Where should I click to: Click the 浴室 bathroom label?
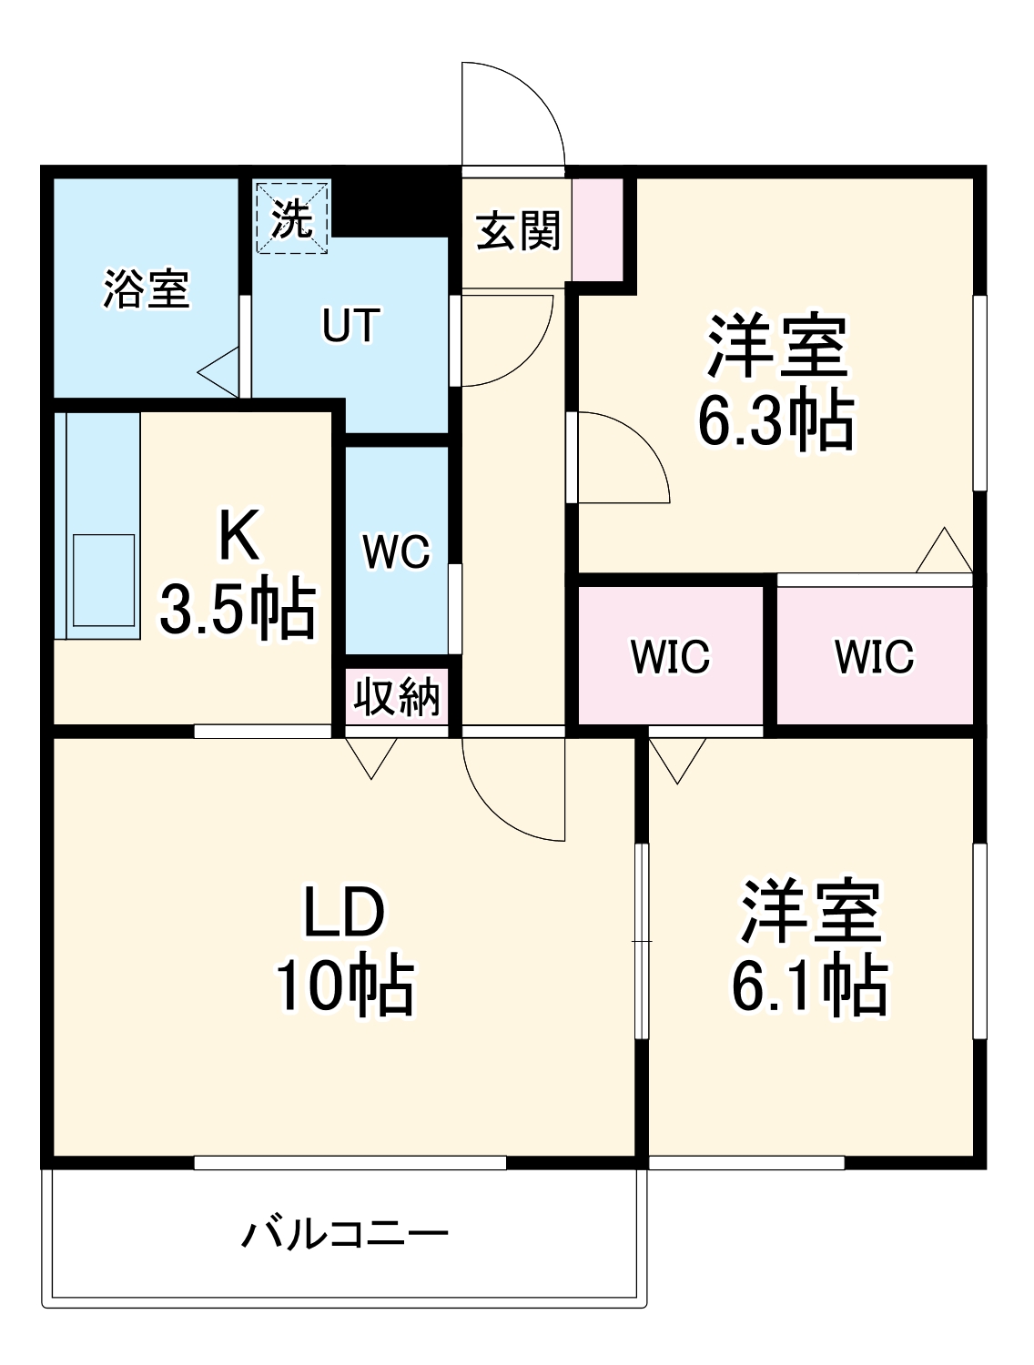pos(146,288)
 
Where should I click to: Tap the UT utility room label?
pos(350,325)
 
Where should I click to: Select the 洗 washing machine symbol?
pos(292,218)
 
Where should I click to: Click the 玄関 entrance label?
pos(518,230)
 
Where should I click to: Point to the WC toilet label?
pos(396,551)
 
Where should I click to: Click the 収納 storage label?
pos(397,697)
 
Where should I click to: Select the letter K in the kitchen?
pos(238,537)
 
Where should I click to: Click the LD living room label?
pos(344,913)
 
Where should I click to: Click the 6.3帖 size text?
pos(775,420)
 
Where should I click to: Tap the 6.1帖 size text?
pos(810,986)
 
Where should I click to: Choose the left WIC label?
pos(670,656)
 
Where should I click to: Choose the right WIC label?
pos(874,656)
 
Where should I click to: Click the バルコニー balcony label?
pos(345,1235)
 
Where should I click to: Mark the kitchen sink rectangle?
pos(104,580)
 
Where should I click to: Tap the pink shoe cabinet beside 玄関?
pos(597,229)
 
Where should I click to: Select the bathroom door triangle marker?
pos(220,372)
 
